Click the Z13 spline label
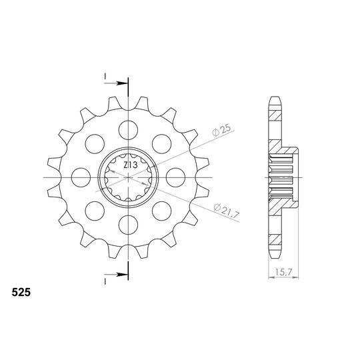(x=131, y=165)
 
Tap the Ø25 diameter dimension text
(x=221, y=131)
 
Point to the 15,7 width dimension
(x=283, y=273)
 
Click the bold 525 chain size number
(x=21, y=293)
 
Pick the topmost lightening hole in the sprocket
(x=129, y=130)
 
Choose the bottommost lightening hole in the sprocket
(x=129, y=225)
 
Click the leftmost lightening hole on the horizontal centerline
(x=81, y=177)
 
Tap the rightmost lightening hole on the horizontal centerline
(x=175, y=177)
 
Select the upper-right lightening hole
(x=162, y=144)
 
